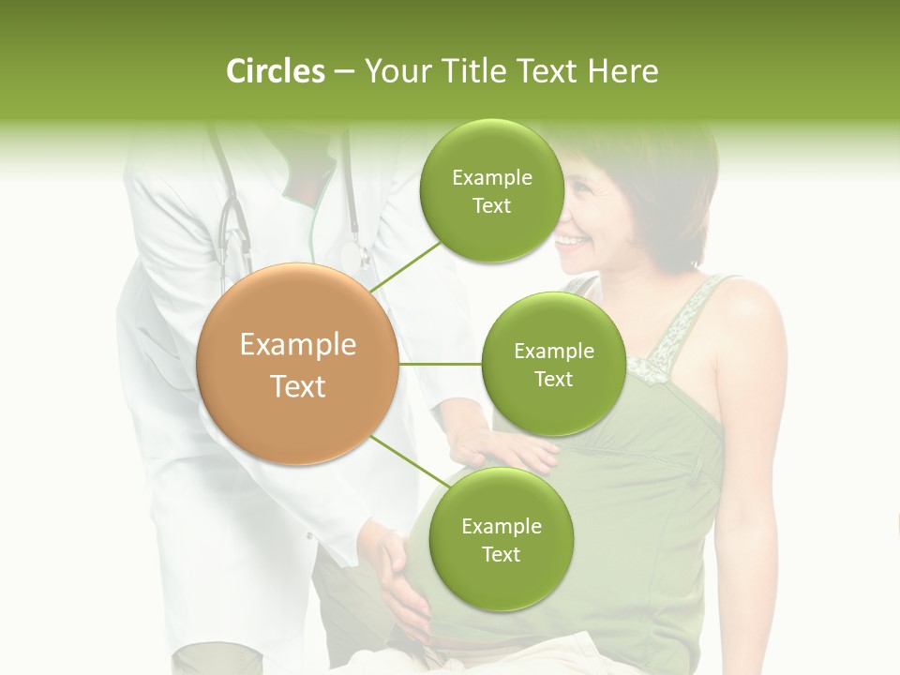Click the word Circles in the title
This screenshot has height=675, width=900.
[275, 71]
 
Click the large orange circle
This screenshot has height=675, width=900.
[297, 364]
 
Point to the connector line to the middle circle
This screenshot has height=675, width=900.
[440, 364]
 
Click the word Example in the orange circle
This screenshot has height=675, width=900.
[297, 345]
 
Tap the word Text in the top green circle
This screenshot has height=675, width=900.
[491, 206]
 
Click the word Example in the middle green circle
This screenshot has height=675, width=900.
[553, 352]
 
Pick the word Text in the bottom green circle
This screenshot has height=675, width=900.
[501, 554]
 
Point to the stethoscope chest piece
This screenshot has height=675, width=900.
[353, 255]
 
